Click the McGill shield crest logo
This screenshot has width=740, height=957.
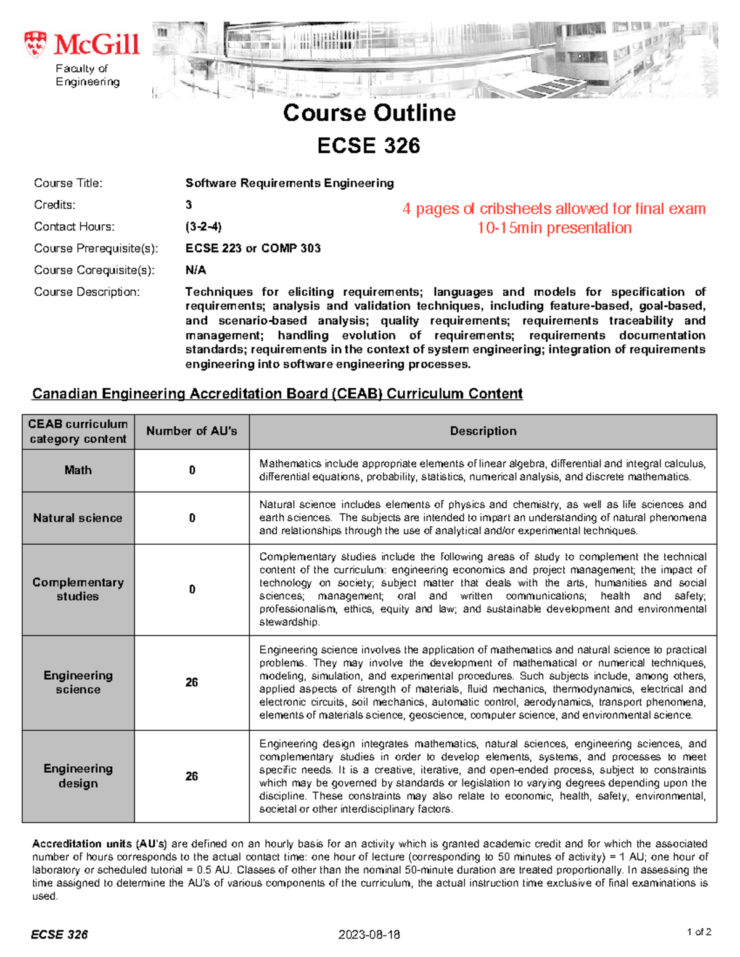click(35, 44)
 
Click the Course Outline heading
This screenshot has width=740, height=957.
click(369, 113)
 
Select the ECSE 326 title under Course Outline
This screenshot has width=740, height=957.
click(369, 145)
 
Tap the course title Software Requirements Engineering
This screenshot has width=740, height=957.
click(289, 183)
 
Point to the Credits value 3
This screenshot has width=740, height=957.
click(189, 205)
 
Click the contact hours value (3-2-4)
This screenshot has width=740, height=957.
click(203, 226)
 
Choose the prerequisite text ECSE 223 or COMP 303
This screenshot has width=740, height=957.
click(253, 248)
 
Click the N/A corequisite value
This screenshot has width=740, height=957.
click(195, 270)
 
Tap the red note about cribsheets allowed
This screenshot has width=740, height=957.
click(554, 209)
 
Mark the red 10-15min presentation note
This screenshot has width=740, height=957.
click(554, 228)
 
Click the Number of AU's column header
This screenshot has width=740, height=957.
click(191, 431)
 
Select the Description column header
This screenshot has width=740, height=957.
click(483, 431)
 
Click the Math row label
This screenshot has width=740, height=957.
click(78, 470)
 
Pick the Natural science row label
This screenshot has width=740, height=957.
click(78, 518)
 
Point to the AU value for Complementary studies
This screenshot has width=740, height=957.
click(192, 590)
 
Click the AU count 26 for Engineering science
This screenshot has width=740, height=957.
click(192, 682)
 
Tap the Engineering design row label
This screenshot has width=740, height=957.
click(78, 776)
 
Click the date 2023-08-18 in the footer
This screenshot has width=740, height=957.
click(369, 934)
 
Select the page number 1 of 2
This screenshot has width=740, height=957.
click(699, 932)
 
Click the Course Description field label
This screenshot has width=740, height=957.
click(87, 291)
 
